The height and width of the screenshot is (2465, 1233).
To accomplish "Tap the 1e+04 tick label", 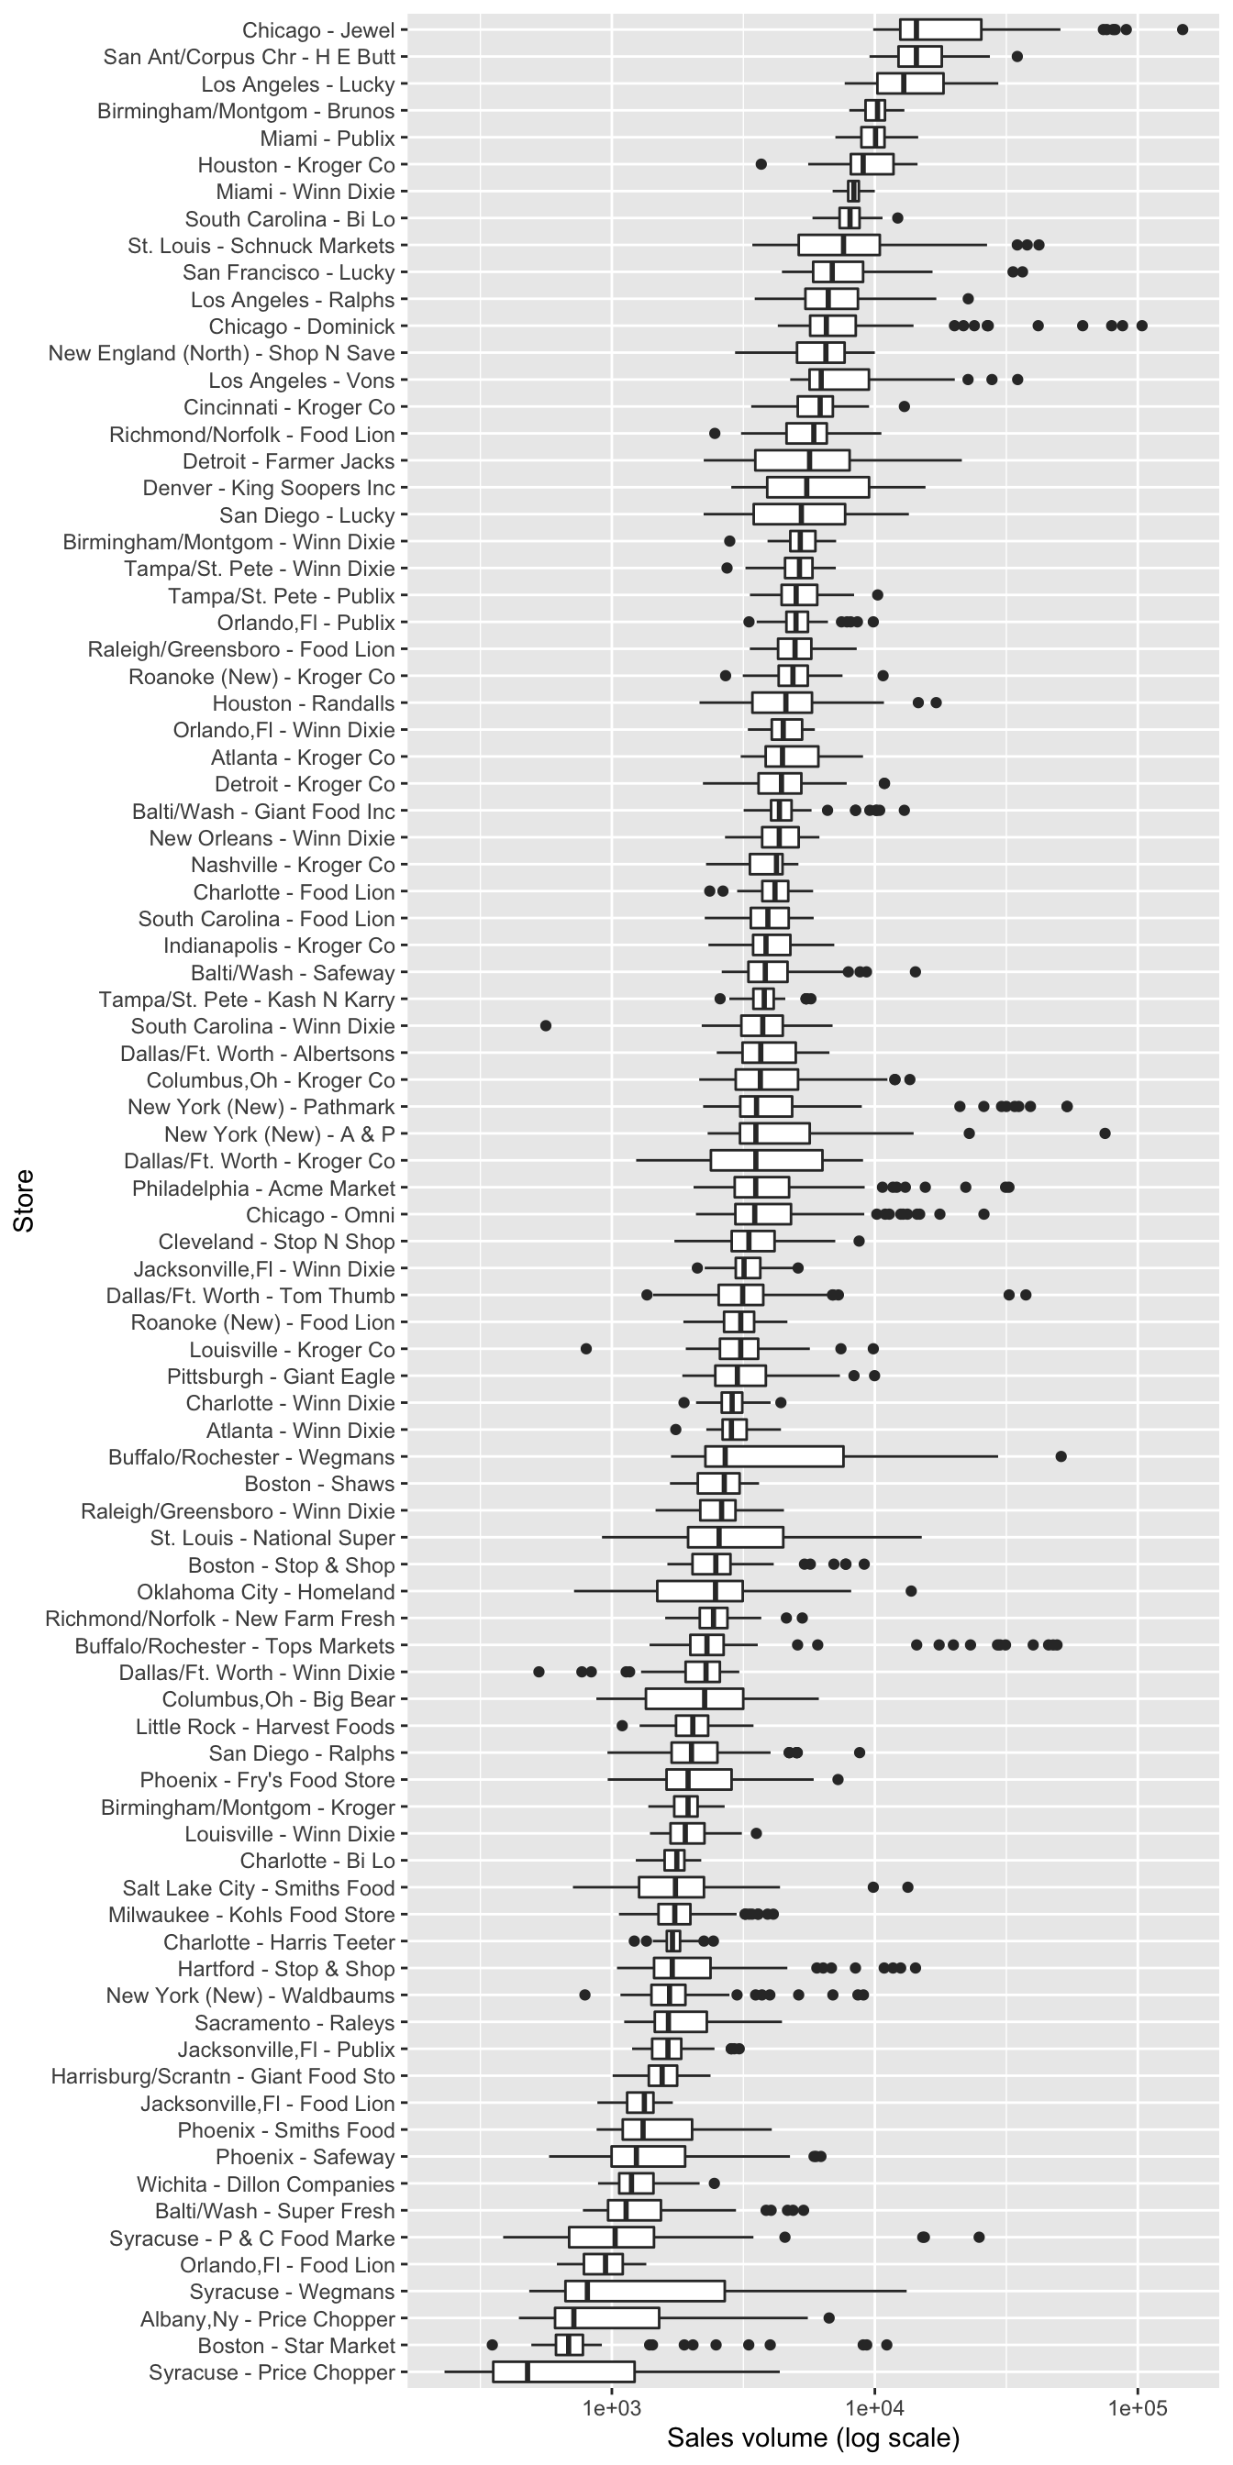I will pos(874,2406).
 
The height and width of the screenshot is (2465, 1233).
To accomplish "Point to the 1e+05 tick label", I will pos(1138,2406).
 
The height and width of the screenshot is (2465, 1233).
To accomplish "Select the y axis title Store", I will pos(23,1201).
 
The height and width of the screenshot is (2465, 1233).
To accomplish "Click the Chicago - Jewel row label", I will pos(317,30).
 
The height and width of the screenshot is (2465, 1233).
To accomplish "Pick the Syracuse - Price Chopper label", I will pos(272,2372).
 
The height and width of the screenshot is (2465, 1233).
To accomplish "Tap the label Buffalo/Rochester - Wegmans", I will pos(250,1457).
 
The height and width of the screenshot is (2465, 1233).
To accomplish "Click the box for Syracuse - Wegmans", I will pos(644,2291).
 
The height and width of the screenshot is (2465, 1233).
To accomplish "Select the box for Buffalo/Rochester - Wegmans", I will pos(774,1456).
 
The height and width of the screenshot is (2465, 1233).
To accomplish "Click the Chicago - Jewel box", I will pos(940,29).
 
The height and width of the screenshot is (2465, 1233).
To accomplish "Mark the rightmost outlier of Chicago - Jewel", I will pos(1183,29).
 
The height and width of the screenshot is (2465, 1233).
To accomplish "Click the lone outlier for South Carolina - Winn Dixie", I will pos(546,1026).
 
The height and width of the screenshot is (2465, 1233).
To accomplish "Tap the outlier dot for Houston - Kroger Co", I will pos(761,164).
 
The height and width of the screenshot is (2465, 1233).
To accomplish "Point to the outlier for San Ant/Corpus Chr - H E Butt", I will pos(1016,57).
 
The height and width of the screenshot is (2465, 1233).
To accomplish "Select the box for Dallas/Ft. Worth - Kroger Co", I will pos(766,1161).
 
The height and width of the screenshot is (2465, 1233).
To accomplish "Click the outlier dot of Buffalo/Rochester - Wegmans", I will pos(1061,1456).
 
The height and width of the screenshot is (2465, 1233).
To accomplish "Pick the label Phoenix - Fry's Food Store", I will pos(267,1780).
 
